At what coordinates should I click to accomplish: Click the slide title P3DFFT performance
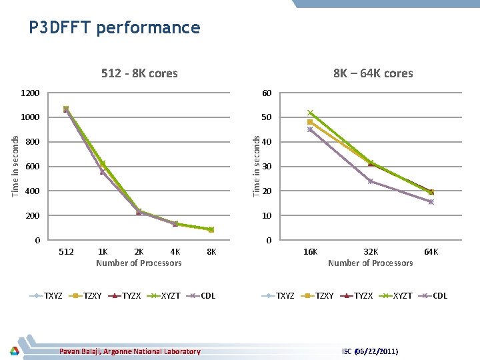click(x=114, y=27)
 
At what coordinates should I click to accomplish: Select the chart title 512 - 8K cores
click(x=139, y=73)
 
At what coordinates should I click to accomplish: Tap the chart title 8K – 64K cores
click(x=373, y=73)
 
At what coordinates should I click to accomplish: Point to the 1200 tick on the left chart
click(x=30, y=93)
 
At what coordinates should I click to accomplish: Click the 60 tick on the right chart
click(x=266, y=93)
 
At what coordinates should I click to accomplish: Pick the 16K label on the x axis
click(x=310, y=252)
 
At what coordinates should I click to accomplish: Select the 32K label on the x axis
click(x=371, y=252)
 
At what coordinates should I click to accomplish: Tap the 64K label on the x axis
click(x=431, y=252)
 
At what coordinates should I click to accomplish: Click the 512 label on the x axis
click(x=66, y=252)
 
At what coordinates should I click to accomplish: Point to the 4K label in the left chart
click(x=175, y=252)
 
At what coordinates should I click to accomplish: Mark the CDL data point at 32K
click(x=371, y=181)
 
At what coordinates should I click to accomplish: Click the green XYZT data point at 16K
click(x=310, y=113)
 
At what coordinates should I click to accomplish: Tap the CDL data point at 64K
click(x=431, y=202)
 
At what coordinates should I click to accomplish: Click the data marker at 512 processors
click(x=66, y=109)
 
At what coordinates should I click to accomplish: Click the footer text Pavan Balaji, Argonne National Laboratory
click(x=129, y=351)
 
